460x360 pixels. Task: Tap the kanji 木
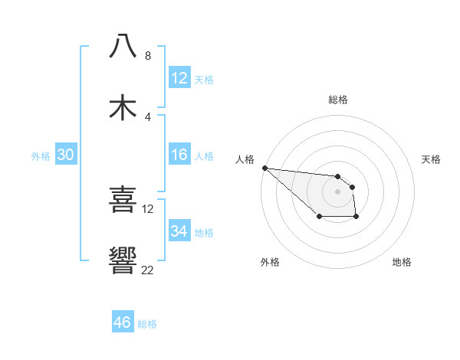tap(123, 108)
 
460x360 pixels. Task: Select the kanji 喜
tap(123, 201)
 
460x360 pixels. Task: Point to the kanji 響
tap(123, 261)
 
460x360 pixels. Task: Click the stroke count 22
tap(148, 270)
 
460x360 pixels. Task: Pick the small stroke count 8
tap(148, 56)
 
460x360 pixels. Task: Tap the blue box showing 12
tap(179, 78)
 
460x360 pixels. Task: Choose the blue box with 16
tap(179, 155)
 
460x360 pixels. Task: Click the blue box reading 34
tap(179, 231)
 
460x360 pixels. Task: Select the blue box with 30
tap(66, 155)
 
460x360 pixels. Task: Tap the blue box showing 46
tap(123, 322)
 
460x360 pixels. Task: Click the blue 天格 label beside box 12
tap(204, 79)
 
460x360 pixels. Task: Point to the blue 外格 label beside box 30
tap(41, 155)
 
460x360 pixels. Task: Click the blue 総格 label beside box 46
tap(147, 324)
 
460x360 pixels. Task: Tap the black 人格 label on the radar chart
tap(245, 159)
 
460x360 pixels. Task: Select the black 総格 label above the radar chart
tap(338, 100)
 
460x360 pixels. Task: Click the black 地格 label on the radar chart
tap(402, 262)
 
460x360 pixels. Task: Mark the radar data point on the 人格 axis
tap(264, 168)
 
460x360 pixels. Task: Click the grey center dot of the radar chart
tap(338, 191)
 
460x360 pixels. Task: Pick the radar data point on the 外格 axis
tap(319, 218)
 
